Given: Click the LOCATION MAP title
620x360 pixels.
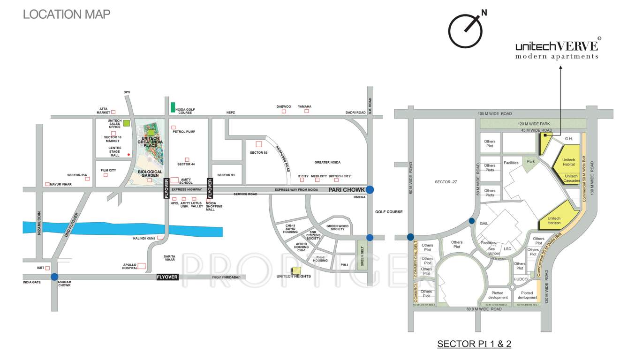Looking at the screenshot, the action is point(67,14).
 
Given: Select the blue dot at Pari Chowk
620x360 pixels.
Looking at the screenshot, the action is point(370,189).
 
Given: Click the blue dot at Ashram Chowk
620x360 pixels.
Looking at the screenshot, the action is point(55,277).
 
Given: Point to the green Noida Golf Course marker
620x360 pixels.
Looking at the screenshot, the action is point(173,107).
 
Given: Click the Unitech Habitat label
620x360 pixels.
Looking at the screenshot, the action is point(568,162).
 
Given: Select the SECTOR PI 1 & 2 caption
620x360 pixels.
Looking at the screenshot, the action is point(474,344).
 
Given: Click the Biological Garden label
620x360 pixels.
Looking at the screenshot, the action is point(150,172).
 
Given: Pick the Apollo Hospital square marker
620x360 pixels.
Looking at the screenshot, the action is point(142,266).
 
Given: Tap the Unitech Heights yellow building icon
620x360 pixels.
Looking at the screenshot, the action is point(296,270).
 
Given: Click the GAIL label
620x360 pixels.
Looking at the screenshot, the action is point(484,224).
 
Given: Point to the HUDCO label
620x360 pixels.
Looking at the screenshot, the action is point(521,279).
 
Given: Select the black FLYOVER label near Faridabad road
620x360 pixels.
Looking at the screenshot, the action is point(167,277).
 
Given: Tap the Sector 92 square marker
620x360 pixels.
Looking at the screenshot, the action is point(258,144).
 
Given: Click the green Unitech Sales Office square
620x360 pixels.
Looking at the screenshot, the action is point(127,123).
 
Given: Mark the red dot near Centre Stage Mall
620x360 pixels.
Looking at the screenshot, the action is point(129,154).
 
